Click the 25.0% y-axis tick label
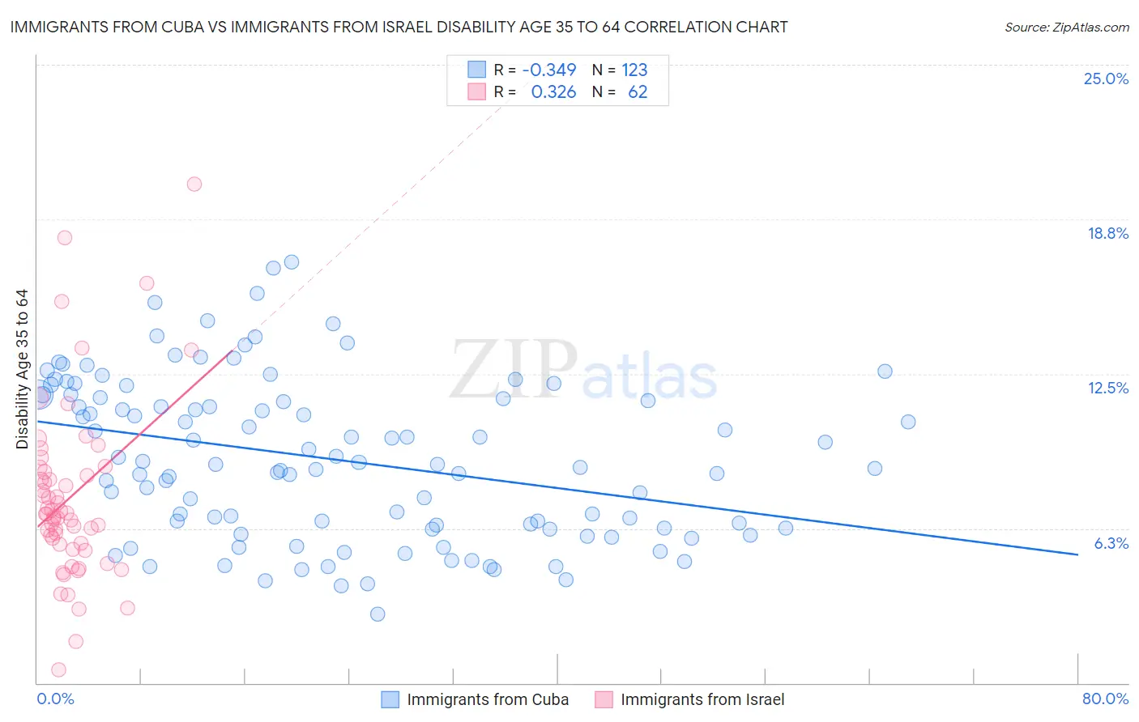coord(1106,79)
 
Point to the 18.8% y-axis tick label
coord(1107,233)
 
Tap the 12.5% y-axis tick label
coord(1107,388)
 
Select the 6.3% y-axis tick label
coord(1111,543)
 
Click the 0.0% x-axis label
coord(55,699)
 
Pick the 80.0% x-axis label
coord(1105,699)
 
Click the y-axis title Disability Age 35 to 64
coord(22,369)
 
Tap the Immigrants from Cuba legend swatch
coord(390,699)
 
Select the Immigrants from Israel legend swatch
coord(604,699)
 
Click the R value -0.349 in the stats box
coord(548,70)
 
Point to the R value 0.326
coord(553,91)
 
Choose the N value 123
coord(634,70)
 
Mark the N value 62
coord(638,91)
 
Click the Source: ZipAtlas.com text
coord(1066,27)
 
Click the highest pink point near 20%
coord(194,184)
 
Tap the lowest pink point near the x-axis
coord(58,669)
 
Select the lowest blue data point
coord(378,614)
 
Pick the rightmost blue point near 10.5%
coord(908,422)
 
